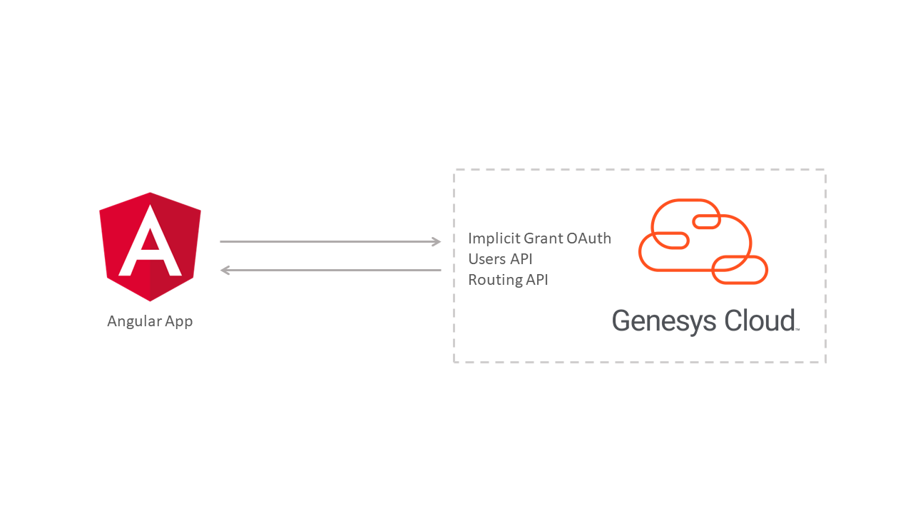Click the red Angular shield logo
(150, 247)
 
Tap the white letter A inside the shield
(150, 241)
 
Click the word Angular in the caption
(135, 322)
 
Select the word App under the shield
(179, 322)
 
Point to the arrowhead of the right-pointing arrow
(437, 241)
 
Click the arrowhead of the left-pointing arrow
(225, 270)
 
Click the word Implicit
(494, 238)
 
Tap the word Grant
(544, 238)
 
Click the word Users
(487, 259)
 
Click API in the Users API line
(521, 259)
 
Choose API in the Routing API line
(537, 280)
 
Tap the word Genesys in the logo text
(664, 321)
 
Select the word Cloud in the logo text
(760, 321)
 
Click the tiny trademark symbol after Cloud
(797, 329)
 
